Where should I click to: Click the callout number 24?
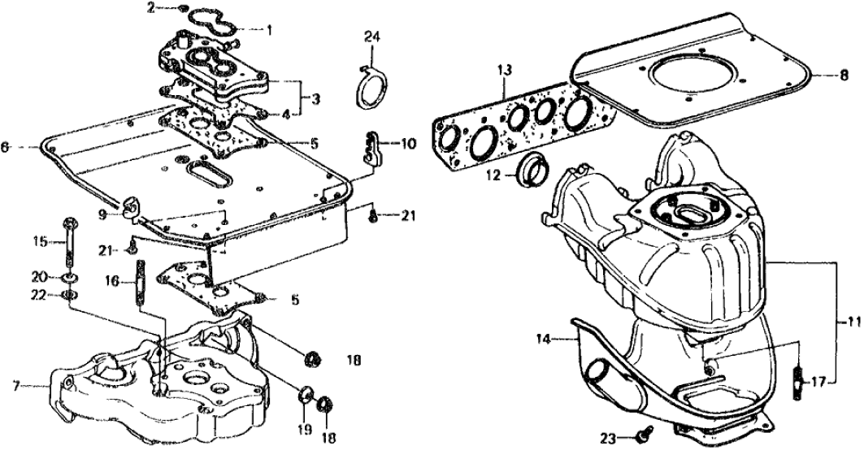point(371,36)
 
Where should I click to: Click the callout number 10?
point(406,143)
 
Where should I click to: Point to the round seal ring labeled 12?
point(532,167)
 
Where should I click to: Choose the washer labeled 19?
point(306,396)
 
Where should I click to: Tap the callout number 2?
point(150,8)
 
